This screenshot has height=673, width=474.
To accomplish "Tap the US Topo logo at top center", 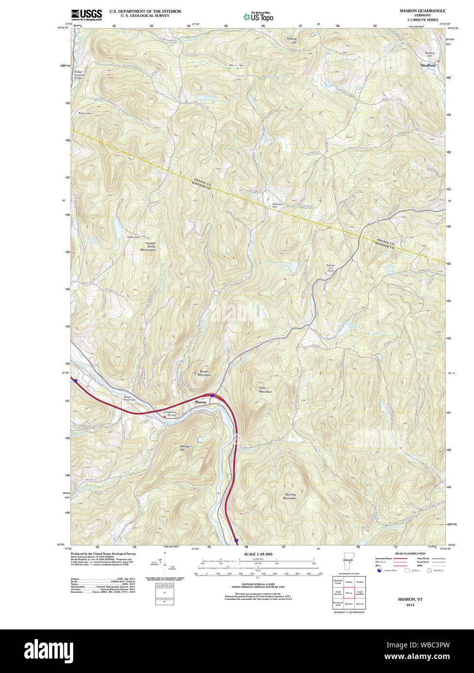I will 258,16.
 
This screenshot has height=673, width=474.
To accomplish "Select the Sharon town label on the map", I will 200,402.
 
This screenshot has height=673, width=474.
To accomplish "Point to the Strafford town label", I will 427,65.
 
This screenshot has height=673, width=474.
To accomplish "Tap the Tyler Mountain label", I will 265,389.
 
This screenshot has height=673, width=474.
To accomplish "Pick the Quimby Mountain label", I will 289,496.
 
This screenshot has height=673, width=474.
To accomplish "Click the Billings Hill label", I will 185,448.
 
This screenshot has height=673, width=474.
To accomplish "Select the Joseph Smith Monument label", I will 148,246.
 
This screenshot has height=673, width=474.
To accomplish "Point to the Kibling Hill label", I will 291,41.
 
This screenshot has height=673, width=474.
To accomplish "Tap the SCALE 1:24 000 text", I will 258,554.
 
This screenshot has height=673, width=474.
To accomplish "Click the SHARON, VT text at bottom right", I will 410,599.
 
